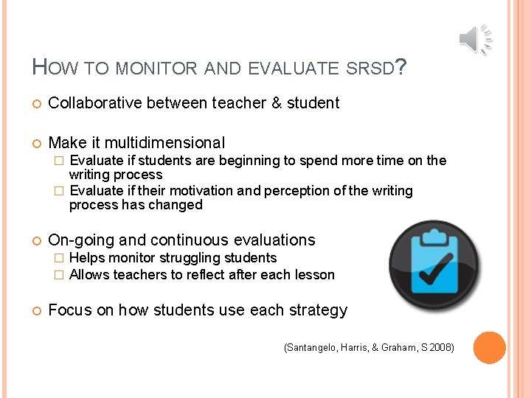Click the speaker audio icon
[475, 39]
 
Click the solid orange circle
[489, 348]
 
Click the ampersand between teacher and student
[277, 103]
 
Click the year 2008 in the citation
[441, 347]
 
